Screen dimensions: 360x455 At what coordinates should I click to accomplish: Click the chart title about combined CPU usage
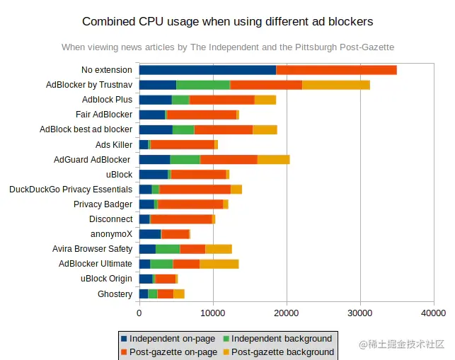click(227, 21)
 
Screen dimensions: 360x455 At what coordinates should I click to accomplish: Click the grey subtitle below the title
click(227, 47)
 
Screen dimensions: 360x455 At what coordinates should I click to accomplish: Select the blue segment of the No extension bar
click(207, 70)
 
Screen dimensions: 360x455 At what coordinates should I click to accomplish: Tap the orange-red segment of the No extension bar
click(336, 70)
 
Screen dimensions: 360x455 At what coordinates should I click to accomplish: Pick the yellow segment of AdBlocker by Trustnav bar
click(336, 85)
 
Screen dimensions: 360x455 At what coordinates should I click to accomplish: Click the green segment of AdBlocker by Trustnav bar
click(203, 85)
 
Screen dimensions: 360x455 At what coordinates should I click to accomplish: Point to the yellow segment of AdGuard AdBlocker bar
click(273, 159)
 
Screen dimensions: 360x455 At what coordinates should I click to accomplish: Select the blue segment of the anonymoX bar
click(150, 234)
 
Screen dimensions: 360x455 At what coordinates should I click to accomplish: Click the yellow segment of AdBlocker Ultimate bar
click(219, 264)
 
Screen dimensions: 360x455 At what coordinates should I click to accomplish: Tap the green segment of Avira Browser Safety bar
click(168, 249)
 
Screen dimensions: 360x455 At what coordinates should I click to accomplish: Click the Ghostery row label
click(115, 294)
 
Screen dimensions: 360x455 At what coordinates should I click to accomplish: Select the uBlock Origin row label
click(106, 279)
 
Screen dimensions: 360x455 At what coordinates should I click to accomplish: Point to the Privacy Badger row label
click(103, 204)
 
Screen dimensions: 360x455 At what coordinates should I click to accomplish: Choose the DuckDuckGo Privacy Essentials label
click(71, 190)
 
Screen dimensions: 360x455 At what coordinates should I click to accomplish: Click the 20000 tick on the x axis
click(287, 312)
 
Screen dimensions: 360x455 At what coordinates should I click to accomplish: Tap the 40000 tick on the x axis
click(434, 312)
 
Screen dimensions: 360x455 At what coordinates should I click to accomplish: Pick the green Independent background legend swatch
click(226, 339)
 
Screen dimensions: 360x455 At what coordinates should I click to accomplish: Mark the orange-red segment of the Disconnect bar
click(181, 219)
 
